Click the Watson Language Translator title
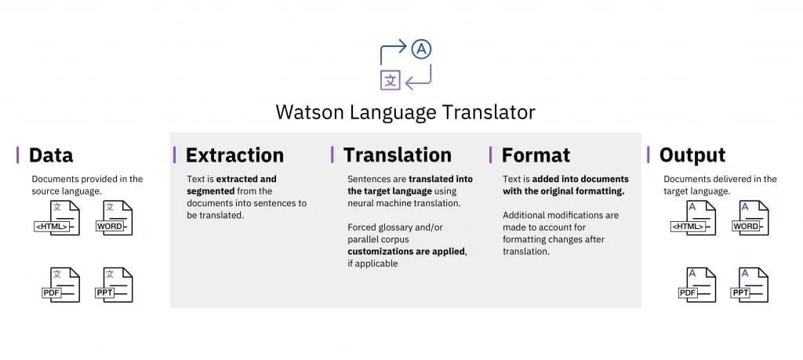point(405,112)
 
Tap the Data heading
point(51,155)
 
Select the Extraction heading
point(234,155)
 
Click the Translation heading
point(398,155)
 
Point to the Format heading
point(536,155)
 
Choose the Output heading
point(692,155)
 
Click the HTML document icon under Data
point(56,218)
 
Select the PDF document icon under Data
point(61,285)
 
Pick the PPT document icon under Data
point(114,285)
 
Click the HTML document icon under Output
point(693,218)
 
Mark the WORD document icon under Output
point(750,218)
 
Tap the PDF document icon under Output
point(697,285)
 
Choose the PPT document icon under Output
point(750,285)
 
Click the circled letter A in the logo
point(421,49)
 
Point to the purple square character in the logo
point(391,81)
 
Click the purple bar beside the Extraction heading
point(175,155)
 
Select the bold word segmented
point(211,191)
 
